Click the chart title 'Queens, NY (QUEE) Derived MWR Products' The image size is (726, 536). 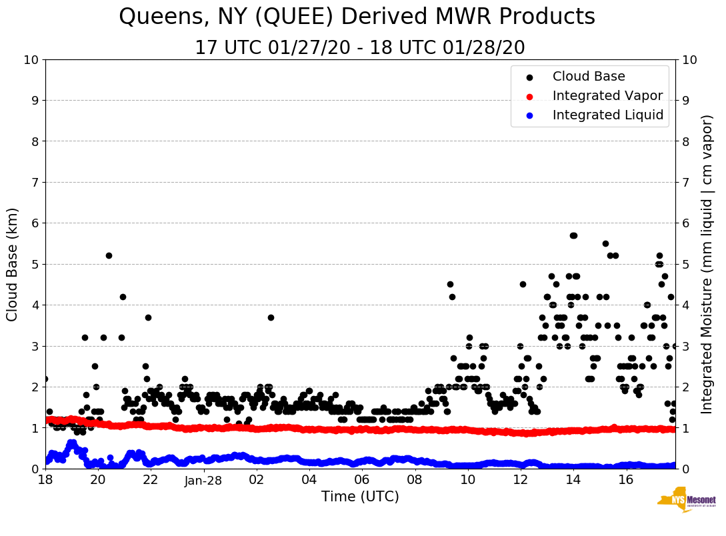pos(357,17)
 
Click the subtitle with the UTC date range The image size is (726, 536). pos(359,48)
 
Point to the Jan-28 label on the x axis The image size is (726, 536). pos(203,480)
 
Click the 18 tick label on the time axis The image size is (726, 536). pos(45,480)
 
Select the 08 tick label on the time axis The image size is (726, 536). pos(415,480)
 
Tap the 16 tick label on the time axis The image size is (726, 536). pos(625,480)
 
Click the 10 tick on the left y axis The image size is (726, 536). pos(31,60)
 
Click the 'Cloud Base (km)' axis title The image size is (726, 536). pos(13,264)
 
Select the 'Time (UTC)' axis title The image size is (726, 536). pos(360,497)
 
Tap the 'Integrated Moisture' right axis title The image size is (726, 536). pos(707,264)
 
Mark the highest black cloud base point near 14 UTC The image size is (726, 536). pos(573,235)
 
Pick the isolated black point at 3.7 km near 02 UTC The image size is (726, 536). pos(271,317)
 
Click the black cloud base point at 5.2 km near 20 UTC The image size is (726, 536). pos(109,256)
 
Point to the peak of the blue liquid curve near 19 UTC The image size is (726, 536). pos(71,443)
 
